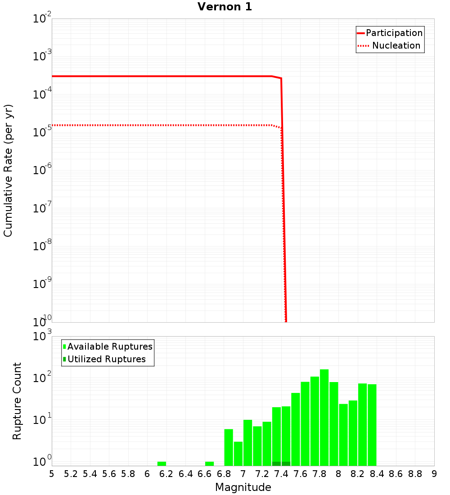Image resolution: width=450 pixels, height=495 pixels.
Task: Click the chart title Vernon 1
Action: [225, 7]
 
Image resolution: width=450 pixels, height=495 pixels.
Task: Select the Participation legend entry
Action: [394, 33]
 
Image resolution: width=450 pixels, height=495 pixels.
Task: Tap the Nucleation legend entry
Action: [396, 46]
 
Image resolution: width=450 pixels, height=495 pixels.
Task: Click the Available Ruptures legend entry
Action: [110, 347]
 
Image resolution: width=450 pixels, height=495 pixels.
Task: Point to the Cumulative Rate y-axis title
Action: [8, 171]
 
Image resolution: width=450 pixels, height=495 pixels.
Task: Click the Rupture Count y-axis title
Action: [17, 401]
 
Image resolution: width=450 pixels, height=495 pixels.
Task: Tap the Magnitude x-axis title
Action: [243, 487]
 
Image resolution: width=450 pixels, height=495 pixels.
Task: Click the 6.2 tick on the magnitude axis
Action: [166, 474]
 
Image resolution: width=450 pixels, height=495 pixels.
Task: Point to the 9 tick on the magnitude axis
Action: [434, 474]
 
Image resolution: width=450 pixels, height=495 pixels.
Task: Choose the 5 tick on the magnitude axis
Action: [52, 474]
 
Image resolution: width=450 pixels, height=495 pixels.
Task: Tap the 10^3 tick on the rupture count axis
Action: [43, 336]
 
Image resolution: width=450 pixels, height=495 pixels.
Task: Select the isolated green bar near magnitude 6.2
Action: [162, 463]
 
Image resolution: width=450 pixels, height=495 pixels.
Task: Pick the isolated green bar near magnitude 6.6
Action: [209, 463]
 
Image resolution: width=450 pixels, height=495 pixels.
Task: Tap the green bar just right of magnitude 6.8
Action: [229, 447]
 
